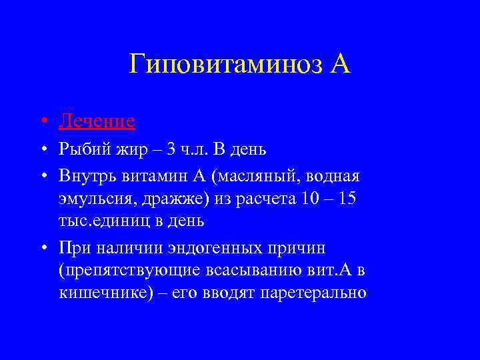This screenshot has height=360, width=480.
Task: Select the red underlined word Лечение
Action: [97, 121]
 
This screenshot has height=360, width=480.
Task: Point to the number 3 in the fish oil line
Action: [171, 149]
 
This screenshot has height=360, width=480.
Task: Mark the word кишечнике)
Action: [99, 293]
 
